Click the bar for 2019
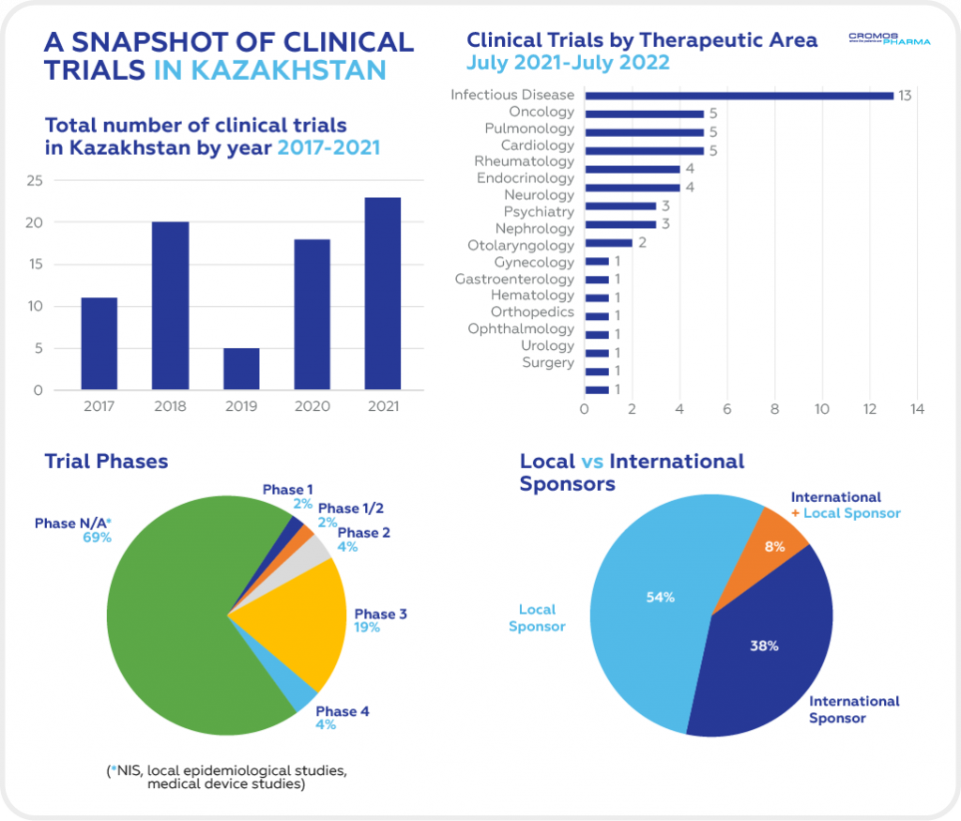tap(241, 369)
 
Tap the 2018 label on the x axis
tap(170, 406)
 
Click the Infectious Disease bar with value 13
tap(739, 96)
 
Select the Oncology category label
tap(541, 112)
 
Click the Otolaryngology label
tap(520, 245)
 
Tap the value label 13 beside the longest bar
tap(905, 96)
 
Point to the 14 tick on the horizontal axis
tap(917, 409)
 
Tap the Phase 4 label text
tap(343, 711)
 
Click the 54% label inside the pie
tap(660, 597)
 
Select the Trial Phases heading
tap(106, 461)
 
